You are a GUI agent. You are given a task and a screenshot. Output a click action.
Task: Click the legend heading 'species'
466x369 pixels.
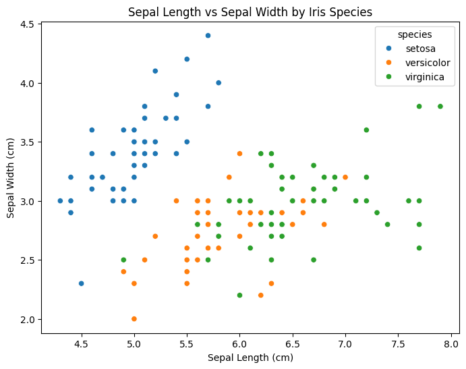pos(415,34)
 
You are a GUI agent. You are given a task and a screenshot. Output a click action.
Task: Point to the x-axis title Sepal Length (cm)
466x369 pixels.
pos(250,358)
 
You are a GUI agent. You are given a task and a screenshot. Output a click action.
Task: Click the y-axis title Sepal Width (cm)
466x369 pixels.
pos(11,178)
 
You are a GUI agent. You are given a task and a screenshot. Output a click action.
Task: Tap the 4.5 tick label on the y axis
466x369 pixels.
pos(27,24)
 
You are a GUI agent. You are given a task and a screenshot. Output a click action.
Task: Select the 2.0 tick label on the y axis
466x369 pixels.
pos(27,319)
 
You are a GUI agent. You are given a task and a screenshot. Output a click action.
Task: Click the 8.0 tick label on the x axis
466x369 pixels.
pos(450,344)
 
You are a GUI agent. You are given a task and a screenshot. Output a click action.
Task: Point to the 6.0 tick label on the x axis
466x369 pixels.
pos(239,344)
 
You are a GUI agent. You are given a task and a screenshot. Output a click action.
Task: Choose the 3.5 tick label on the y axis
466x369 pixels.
pos(27,142)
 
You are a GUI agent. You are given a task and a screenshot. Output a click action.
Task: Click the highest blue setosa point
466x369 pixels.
pos(208,36)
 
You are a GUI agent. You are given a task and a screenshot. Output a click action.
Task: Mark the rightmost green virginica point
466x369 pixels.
pos(440,107)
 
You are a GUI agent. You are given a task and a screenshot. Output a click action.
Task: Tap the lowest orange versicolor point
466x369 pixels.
pos(134,319)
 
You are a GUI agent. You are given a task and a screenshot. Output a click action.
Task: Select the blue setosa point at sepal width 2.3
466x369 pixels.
pos(82,283)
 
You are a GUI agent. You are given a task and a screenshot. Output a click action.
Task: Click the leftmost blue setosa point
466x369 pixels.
pos(60,201)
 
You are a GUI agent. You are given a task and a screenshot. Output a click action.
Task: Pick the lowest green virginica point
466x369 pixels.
pos(239,295)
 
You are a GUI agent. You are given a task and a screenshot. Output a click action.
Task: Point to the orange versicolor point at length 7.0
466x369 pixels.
pos(345,177)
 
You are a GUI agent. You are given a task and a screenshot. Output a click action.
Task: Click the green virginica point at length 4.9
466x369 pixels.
pos(123,260)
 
